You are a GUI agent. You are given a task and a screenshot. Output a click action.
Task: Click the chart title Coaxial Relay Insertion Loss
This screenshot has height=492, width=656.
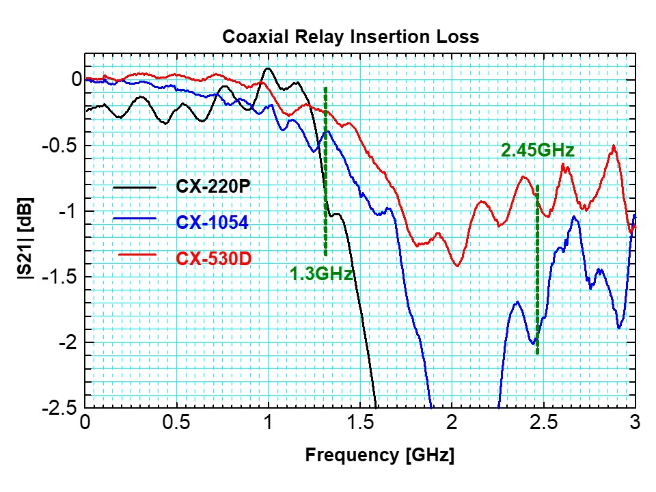(x=351, y=37)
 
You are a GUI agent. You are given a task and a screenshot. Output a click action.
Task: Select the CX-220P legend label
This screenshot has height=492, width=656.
(x=208, y=186)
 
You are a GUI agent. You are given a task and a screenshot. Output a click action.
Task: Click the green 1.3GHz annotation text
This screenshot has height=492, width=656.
(x=321, y=275)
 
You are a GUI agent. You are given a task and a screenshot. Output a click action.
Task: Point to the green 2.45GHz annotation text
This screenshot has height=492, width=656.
(x=537, y=150)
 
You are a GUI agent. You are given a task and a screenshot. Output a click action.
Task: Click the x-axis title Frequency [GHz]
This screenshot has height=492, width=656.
(x=379, y=454)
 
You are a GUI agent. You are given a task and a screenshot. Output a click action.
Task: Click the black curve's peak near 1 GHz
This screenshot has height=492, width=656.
(x=268, y=68)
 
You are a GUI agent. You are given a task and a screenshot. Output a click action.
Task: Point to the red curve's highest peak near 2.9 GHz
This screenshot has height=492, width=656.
(x=614, y=146)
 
